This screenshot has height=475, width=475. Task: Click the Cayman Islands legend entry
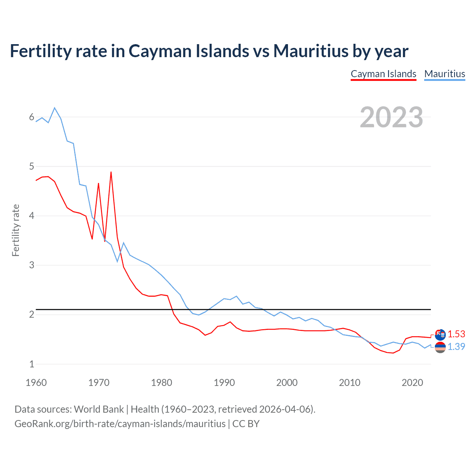pos(383,74)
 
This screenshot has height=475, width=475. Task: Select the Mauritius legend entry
pos(445,74)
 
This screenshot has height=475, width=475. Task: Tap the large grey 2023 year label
pos(392,117)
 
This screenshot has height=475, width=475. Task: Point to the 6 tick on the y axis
pos(32,117)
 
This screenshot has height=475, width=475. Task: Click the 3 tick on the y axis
pos(32,265)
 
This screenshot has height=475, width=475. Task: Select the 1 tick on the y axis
pos(32,364)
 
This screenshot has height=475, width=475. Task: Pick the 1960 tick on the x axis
pos(36,383)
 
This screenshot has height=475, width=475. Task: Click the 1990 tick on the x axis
pos(224,383)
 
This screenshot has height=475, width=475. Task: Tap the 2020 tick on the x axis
pos(412,383)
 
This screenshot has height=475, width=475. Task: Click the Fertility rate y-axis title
pos(16,230)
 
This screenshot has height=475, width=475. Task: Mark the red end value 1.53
pos(456,334)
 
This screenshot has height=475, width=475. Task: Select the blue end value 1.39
pos(456,347)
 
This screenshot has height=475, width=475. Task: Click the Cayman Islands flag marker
pos(440,335)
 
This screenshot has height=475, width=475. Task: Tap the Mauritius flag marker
pos(440,348)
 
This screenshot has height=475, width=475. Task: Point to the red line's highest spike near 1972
pos(111,172)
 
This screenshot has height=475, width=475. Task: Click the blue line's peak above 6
pos(55,108)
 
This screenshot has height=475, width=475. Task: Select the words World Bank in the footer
pos(99,409)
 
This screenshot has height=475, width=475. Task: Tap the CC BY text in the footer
pos(246,424)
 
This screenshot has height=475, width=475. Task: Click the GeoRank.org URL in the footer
pos(120,424)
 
